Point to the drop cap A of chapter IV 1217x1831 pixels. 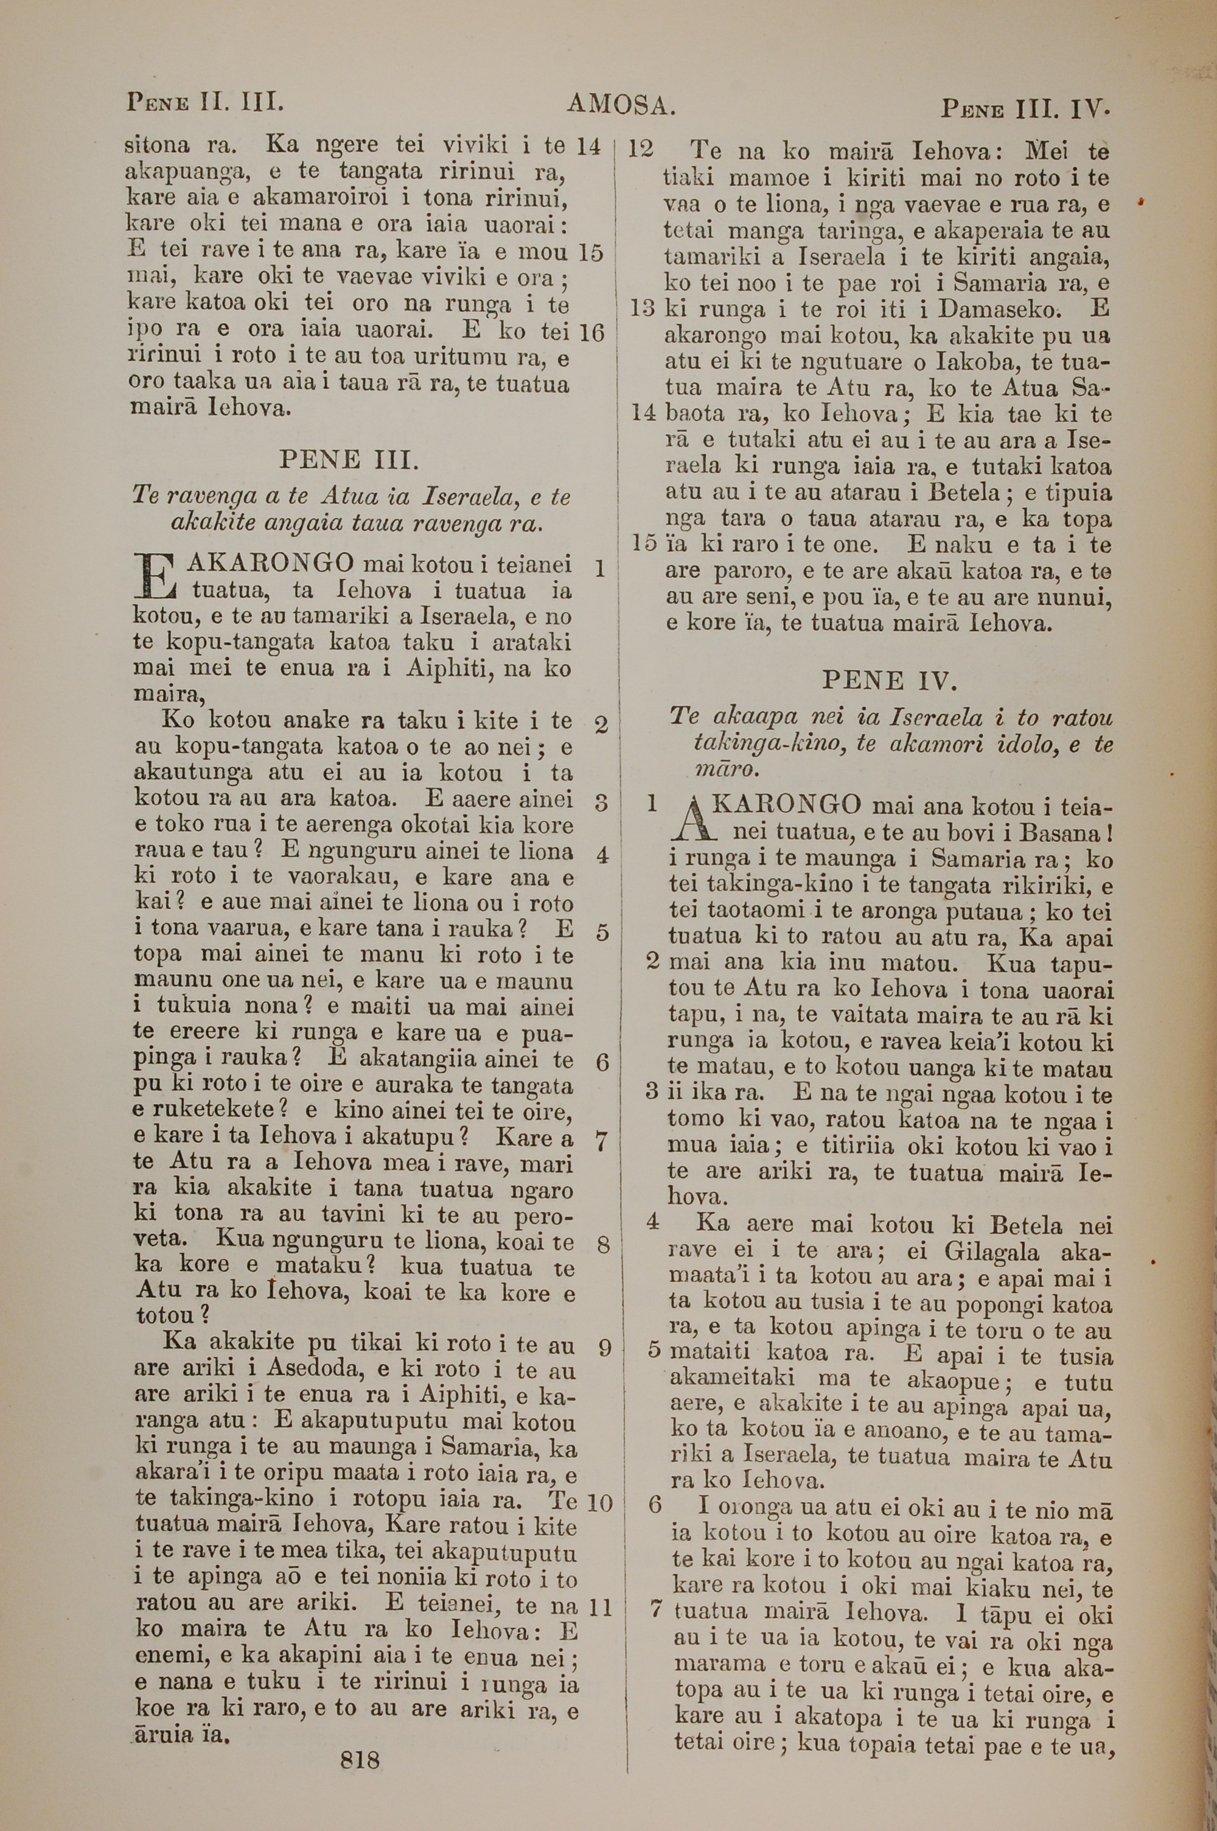689,821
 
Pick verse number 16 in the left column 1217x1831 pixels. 591,333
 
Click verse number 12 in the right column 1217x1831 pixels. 640,149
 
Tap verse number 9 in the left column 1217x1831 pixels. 605,1346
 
